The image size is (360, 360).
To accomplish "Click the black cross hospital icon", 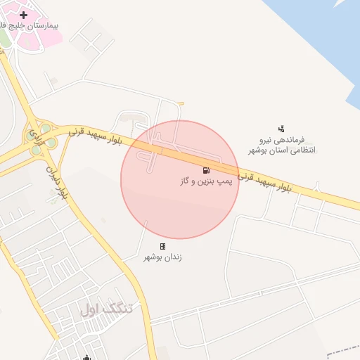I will point(25,14).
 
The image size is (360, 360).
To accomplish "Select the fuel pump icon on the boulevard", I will point(206,170).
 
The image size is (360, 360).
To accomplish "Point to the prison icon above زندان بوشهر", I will point(163,246).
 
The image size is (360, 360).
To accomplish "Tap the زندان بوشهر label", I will point(162,257).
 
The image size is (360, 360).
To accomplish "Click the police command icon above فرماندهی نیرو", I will point(281,128).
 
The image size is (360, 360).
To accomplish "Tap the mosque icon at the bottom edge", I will point(86,357).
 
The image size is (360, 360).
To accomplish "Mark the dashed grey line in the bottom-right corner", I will point(345,349).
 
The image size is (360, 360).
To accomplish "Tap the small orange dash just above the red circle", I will point(181,105).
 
